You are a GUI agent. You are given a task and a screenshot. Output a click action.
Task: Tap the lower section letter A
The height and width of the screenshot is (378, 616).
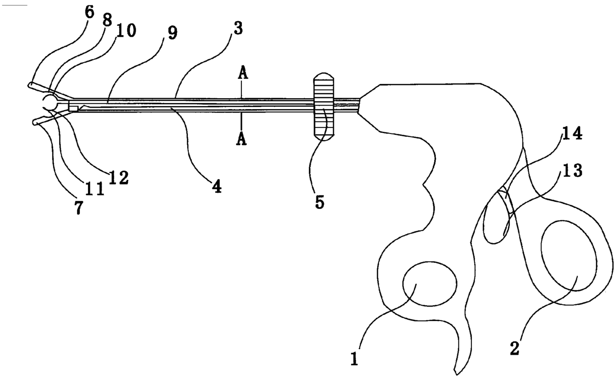coord(242,140)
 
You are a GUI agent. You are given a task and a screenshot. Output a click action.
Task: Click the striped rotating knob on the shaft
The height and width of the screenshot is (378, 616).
coord(323,107)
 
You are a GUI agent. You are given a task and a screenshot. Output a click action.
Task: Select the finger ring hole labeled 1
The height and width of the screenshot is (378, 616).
coord(429,284)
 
